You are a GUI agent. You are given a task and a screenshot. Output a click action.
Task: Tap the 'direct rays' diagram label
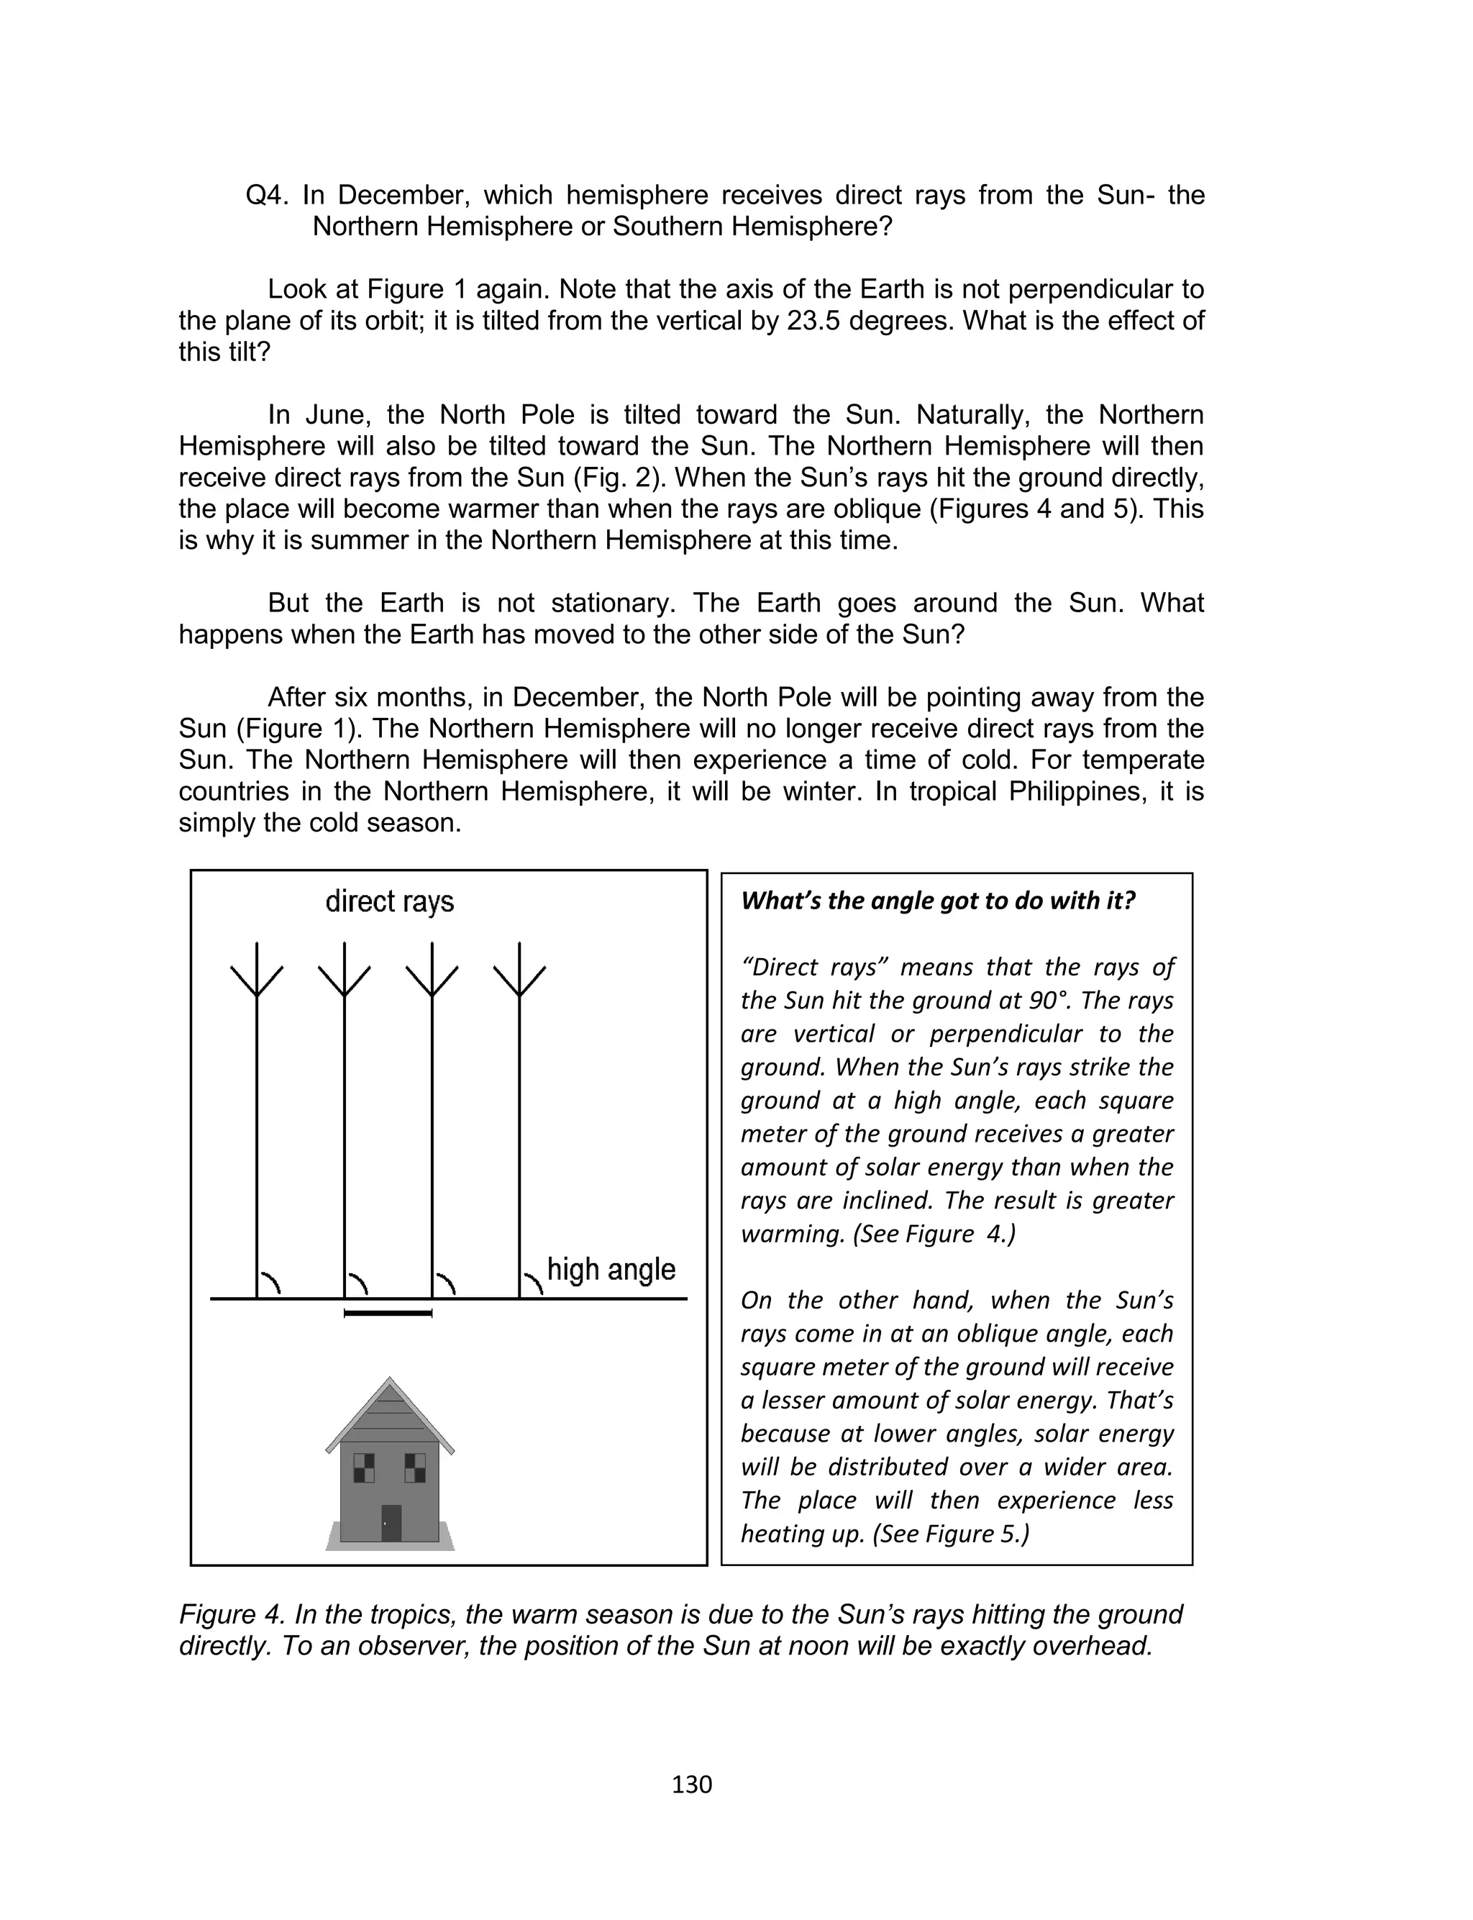(389, 901)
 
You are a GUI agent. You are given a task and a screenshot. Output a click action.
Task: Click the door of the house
(391, 1522)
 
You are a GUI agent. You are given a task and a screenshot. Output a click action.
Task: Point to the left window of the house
(363, 1467)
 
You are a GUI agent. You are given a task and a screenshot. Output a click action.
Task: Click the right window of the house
(415, 1467)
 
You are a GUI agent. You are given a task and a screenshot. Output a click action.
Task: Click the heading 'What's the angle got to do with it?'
(937, 901)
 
